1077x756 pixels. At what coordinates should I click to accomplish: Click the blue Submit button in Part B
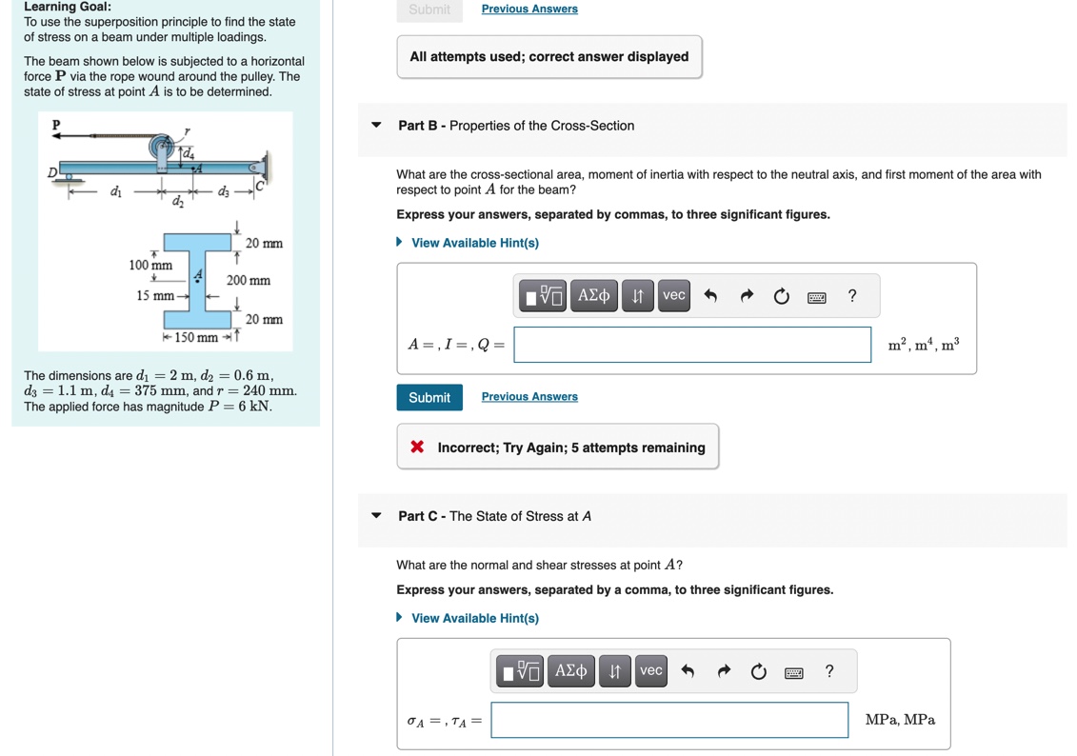pos(429,397)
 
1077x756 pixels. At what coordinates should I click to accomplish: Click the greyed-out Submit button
pos(429,10)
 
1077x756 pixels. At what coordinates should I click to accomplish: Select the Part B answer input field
pos(692,345)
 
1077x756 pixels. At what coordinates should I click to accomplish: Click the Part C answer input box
pos(669,720)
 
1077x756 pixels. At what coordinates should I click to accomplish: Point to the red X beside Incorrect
pos(417,447)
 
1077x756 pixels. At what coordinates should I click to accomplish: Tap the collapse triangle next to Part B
pos(376,126)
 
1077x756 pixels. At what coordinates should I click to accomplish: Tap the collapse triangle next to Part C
pos(376,516)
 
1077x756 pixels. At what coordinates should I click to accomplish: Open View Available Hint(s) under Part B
pos(474,243)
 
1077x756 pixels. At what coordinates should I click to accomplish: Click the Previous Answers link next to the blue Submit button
pos(529,397)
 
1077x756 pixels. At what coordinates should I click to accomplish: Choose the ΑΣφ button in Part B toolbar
pos(593,295)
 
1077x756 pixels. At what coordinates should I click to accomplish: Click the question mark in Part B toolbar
pos(852,295)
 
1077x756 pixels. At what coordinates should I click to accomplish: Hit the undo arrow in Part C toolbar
pos(688,671)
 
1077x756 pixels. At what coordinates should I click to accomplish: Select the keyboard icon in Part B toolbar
pos(816,297)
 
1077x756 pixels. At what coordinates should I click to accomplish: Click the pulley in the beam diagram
pos(163,148)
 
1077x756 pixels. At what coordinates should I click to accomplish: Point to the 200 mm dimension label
pos(249,281)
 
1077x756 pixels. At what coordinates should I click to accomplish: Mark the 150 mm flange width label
pos(196,338)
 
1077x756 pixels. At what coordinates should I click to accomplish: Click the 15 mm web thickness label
pos(155,296)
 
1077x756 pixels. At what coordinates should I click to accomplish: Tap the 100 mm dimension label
pos(150,264)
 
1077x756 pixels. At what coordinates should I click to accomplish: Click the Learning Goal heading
pos(68,7)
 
